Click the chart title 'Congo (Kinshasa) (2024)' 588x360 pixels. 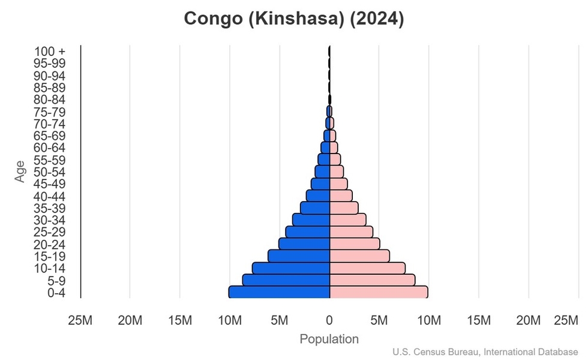click(x=294, y=19)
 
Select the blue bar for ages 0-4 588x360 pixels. click(x=279, y=292)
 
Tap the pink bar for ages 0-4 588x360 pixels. click(x=379, y=292)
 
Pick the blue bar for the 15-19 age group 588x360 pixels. click(x=299, y=256)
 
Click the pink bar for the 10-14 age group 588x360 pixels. click(x=367, y=268)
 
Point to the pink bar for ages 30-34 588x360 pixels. click(x=348, y=220)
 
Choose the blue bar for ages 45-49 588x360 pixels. click(x=320, y=184)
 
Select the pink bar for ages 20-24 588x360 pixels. click(x=355, y=244)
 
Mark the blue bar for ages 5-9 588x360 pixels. click(x=286, y=280)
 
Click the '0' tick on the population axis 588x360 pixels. click(x=329, y=321)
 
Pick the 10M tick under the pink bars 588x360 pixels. click(x=428, y=321)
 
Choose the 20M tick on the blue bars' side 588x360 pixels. click(x=130, y=321)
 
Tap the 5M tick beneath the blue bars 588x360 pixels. click(x=280, y=321)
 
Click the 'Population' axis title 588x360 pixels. click(x=329, y=339)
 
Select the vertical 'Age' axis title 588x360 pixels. click(x=21, y=172)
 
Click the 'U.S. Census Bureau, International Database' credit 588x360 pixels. click(x=486, y=352)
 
